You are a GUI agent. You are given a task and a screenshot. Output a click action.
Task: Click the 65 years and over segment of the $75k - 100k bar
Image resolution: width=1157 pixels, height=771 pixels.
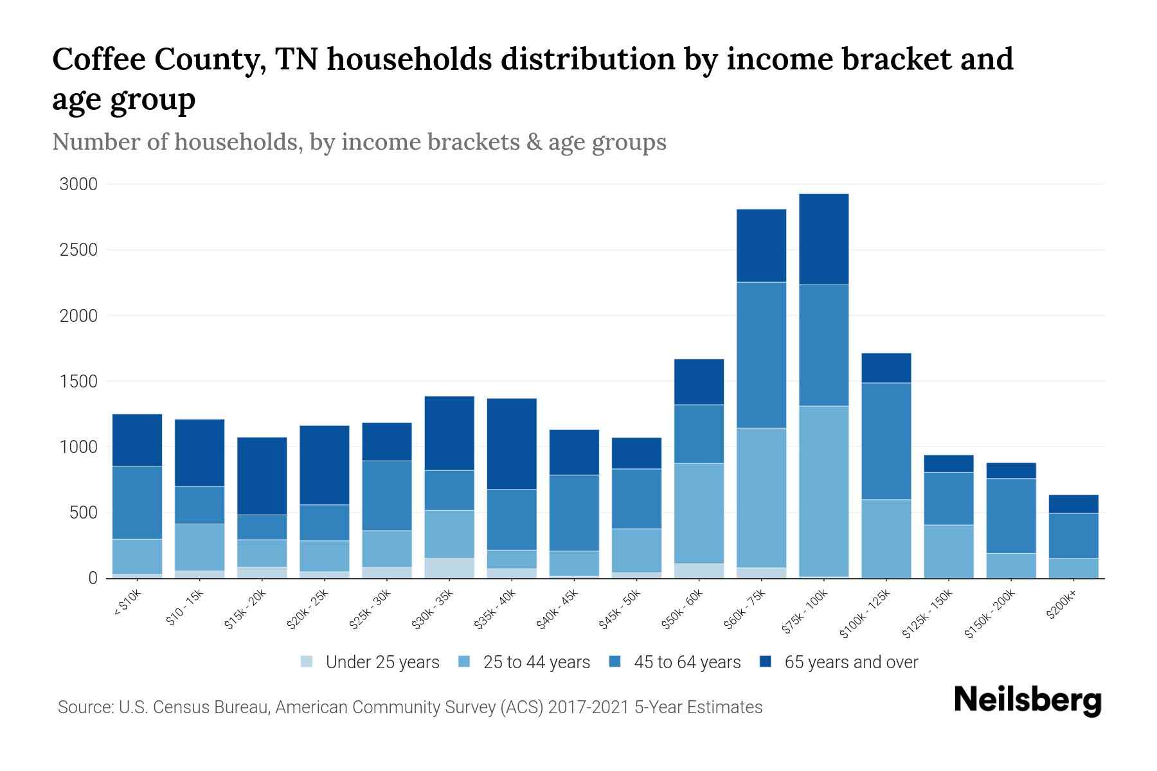coord(823,239)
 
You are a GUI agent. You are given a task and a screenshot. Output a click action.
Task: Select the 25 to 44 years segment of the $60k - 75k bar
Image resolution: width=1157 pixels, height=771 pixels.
coord(761,497)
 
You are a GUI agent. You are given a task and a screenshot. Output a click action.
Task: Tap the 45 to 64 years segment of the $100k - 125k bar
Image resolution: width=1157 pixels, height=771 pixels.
coord(886,441)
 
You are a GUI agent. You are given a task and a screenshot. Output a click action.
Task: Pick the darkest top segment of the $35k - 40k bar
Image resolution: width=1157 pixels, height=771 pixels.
coord(512,443)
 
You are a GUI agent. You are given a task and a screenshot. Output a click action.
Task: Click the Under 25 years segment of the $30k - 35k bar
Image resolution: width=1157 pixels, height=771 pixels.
coord(449,567)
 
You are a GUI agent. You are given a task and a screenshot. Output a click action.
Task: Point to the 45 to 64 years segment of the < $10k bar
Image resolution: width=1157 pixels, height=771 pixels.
coord(137,502)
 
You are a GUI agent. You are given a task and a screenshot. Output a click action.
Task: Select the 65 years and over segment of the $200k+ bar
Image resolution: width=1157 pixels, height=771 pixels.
coord(1073,504)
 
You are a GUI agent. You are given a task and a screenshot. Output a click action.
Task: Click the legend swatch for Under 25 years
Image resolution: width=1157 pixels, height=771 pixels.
coord(307,661)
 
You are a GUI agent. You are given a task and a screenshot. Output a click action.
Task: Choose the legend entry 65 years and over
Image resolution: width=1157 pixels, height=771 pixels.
coord(850,662)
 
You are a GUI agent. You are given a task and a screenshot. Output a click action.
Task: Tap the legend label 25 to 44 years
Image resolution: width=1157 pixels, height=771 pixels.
coord(536,662)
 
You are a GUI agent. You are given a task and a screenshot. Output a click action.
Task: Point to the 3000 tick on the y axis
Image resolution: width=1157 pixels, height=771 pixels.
coord(78,184)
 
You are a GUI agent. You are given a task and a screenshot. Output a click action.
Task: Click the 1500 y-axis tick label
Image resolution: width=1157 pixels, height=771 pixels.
coord(78,382)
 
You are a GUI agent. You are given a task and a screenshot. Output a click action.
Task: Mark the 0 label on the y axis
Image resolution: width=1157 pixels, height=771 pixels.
coord(93,578)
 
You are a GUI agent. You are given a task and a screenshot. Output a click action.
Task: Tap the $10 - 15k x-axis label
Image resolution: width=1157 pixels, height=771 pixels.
coord(186,607)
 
